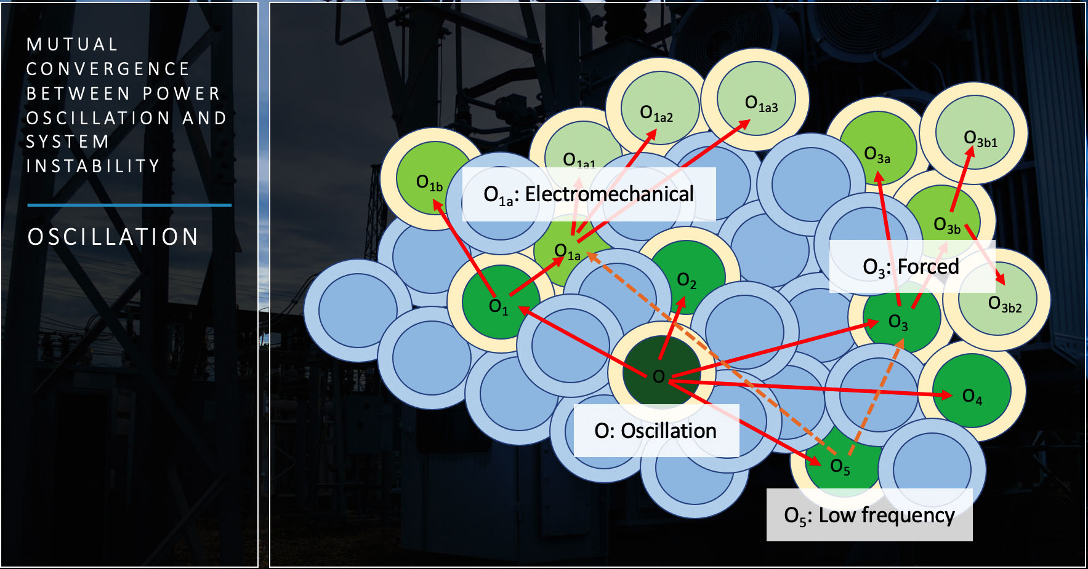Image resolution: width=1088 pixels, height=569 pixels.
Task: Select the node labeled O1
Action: pos(500,301)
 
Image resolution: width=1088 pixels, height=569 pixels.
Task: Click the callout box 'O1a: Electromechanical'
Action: pos(589,194)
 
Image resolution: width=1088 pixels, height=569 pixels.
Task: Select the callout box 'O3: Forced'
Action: pos(911,266)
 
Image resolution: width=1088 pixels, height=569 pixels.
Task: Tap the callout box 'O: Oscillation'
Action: pos(656,431)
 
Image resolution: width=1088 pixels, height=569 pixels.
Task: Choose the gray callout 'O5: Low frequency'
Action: pos(869,515)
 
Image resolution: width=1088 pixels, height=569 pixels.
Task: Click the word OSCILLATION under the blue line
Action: pos(113,237)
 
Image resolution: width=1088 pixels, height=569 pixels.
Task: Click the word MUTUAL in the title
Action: pos(73,44)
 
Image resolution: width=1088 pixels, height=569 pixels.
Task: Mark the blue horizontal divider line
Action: pos(129,205)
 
